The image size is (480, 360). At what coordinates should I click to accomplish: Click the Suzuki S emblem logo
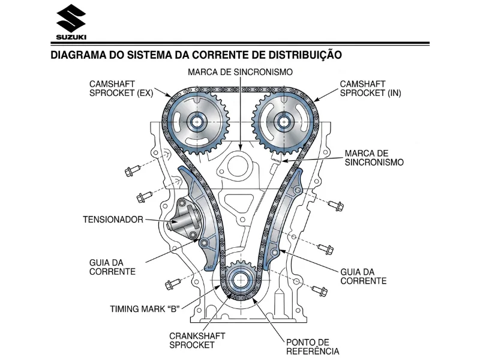click(71, 19)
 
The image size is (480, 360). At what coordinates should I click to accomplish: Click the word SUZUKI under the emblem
click(71, 37)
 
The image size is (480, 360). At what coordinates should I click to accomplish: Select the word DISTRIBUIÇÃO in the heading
click(305, 55)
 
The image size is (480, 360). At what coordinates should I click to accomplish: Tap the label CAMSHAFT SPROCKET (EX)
click(121, 88)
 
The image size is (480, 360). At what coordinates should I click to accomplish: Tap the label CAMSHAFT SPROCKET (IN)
click(370, 88)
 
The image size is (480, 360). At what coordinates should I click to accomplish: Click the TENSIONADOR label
click(113, 220)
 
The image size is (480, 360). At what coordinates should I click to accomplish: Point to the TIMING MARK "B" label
click(145, 308)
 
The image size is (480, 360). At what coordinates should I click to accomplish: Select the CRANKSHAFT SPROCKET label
click(197, 340)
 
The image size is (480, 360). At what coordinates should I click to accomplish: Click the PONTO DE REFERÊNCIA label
click(313, 347)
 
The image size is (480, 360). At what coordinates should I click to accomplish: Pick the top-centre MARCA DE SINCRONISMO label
click(241, 72)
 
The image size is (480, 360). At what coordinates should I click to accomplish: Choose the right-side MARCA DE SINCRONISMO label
click(374, 158)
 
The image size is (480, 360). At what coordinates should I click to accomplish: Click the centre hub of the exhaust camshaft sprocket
click(196, 122)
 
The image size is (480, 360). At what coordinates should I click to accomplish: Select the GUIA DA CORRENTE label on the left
click(112, 267)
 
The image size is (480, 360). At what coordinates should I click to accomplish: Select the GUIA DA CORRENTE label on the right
click(364, 276)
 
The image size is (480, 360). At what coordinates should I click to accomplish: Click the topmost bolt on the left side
click(133, 170)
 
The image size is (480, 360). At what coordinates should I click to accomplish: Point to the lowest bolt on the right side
click(320, 290)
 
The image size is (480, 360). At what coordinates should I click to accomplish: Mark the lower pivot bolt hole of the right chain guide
click(275, 253)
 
